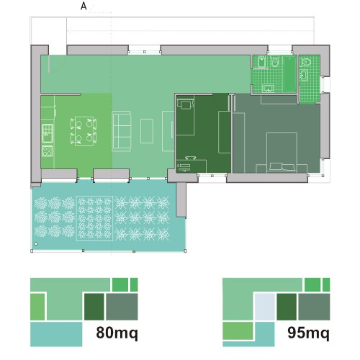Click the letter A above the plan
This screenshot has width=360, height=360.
pos(84,6)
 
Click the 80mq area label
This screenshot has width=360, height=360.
pos(117,333)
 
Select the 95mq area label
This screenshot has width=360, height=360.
pos(309,333)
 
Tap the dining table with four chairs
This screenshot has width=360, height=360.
pos(84,131)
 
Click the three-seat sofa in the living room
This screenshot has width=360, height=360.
pos(122,131)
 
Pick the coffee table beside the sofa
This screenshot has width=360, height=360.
pos(147,131)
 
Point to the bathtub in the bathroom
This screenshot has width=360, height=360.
pos(290,74)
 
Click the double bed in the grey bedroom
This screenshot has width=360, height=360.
pos(282,153)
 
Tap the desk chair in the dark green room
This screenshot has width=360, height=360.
pos(191,158)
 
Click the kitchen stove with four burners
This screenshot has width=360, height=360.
pos(48,151)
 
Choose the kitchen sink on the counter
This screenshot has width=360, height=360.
pos(48,133)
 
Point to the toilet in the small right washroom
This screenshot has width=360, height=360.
pos(306,61)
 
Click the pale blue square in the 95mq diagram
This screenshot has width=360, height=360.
pos(265,307)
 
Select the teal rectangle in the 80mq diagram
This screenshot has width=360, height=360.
pos(56,334)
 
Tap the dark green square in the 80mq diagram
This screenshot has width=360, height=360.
pos(94,307)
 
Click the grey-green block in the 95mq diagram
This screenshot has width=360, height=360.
pos(314,307)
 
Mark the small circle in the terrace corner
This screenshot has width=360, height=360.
pos(36,244)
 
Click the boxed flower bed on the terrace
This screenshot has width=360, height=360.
pos(94,218)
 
